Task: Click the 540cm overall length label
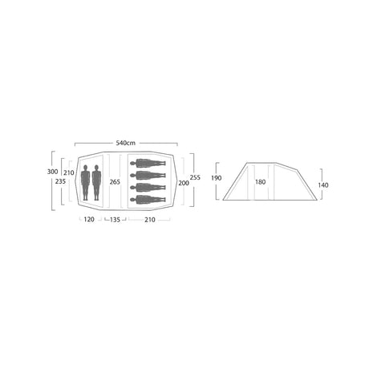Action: coord(125,143)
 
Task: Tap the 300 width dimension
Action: coord(52,172)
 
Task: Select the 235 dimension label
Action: coord(60,181)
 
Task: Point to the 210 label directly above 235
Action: coord(69,172)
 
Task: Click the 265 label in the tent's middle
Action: coord(115,182)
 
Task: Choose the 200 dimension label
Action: coord(184,183)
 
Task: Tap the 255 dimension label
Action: coord(195,177)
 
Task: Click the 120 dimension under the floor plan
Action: coord(89,220)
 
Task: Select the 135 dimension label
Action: coord(115,220)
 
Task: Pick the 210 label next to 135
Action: coord(150,220)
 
